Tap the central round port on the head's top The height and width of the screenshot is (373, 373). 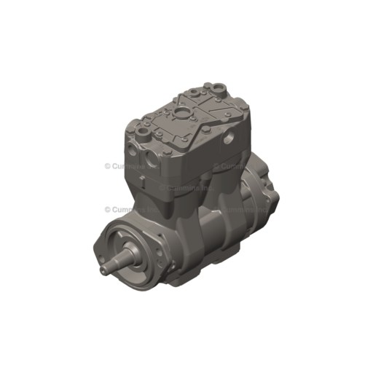[179, 114]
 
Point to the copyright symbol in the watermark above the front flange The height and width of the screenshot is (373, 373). [106, 208]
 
